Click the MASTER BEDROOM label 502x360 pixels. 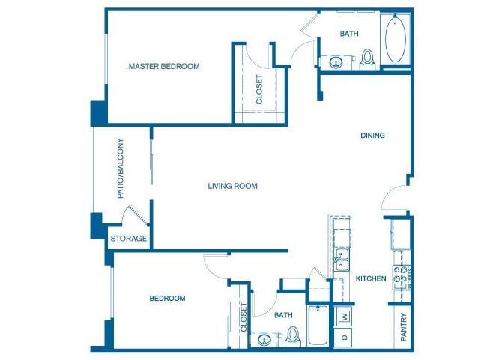164,66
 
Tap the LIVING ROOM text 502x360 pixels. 232,186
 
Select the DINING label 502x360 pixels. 372,136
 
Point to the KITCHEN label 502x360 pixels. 371,278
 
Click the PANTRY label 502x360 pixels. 403,327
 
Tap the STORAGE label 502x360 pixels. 129,239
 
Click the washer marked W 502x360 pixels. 345,316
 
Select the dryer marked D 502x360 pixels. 345,337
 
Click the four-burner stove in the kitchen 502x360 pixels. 401,277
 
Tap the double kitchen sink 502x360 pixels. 342,259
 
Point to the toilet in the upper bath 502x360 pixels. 367,58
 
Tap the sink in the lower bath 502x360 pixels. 265,340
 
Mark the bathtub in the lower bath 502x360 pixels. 318,326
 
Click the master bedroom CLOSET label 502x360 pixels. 259,88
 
